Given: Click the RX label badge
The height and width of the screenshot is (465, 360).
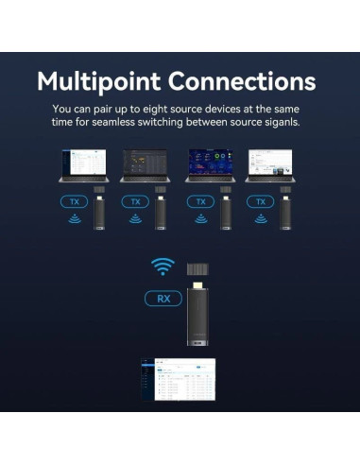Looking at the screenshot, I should pyautogui.click(x=163, y=299).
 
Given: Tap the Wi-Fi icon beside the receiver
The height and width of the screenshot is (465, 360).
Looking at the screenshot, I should pyautogui.click(x=163, y=267).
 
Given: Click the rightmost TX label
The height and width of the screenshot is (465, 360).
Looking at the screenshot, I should pyautogui.click(x=260, y=201).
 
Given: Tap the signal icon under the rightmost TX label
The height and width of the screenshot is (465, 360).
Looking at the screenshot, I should pyautogui.click(x=260, y=220).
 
